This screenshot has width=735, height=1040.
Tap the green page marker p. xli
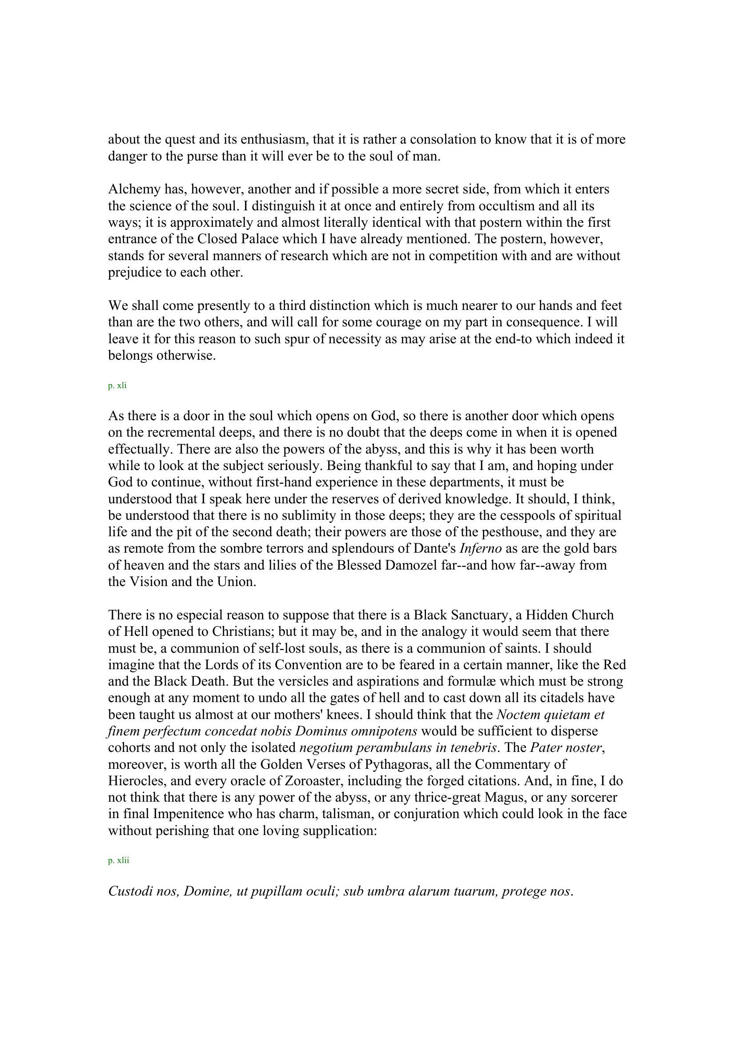pos(117,386)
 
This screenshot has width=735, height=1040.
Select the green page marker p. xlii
pos(119,860)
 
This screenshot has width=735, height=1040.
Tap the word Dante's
pos(434,549)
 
